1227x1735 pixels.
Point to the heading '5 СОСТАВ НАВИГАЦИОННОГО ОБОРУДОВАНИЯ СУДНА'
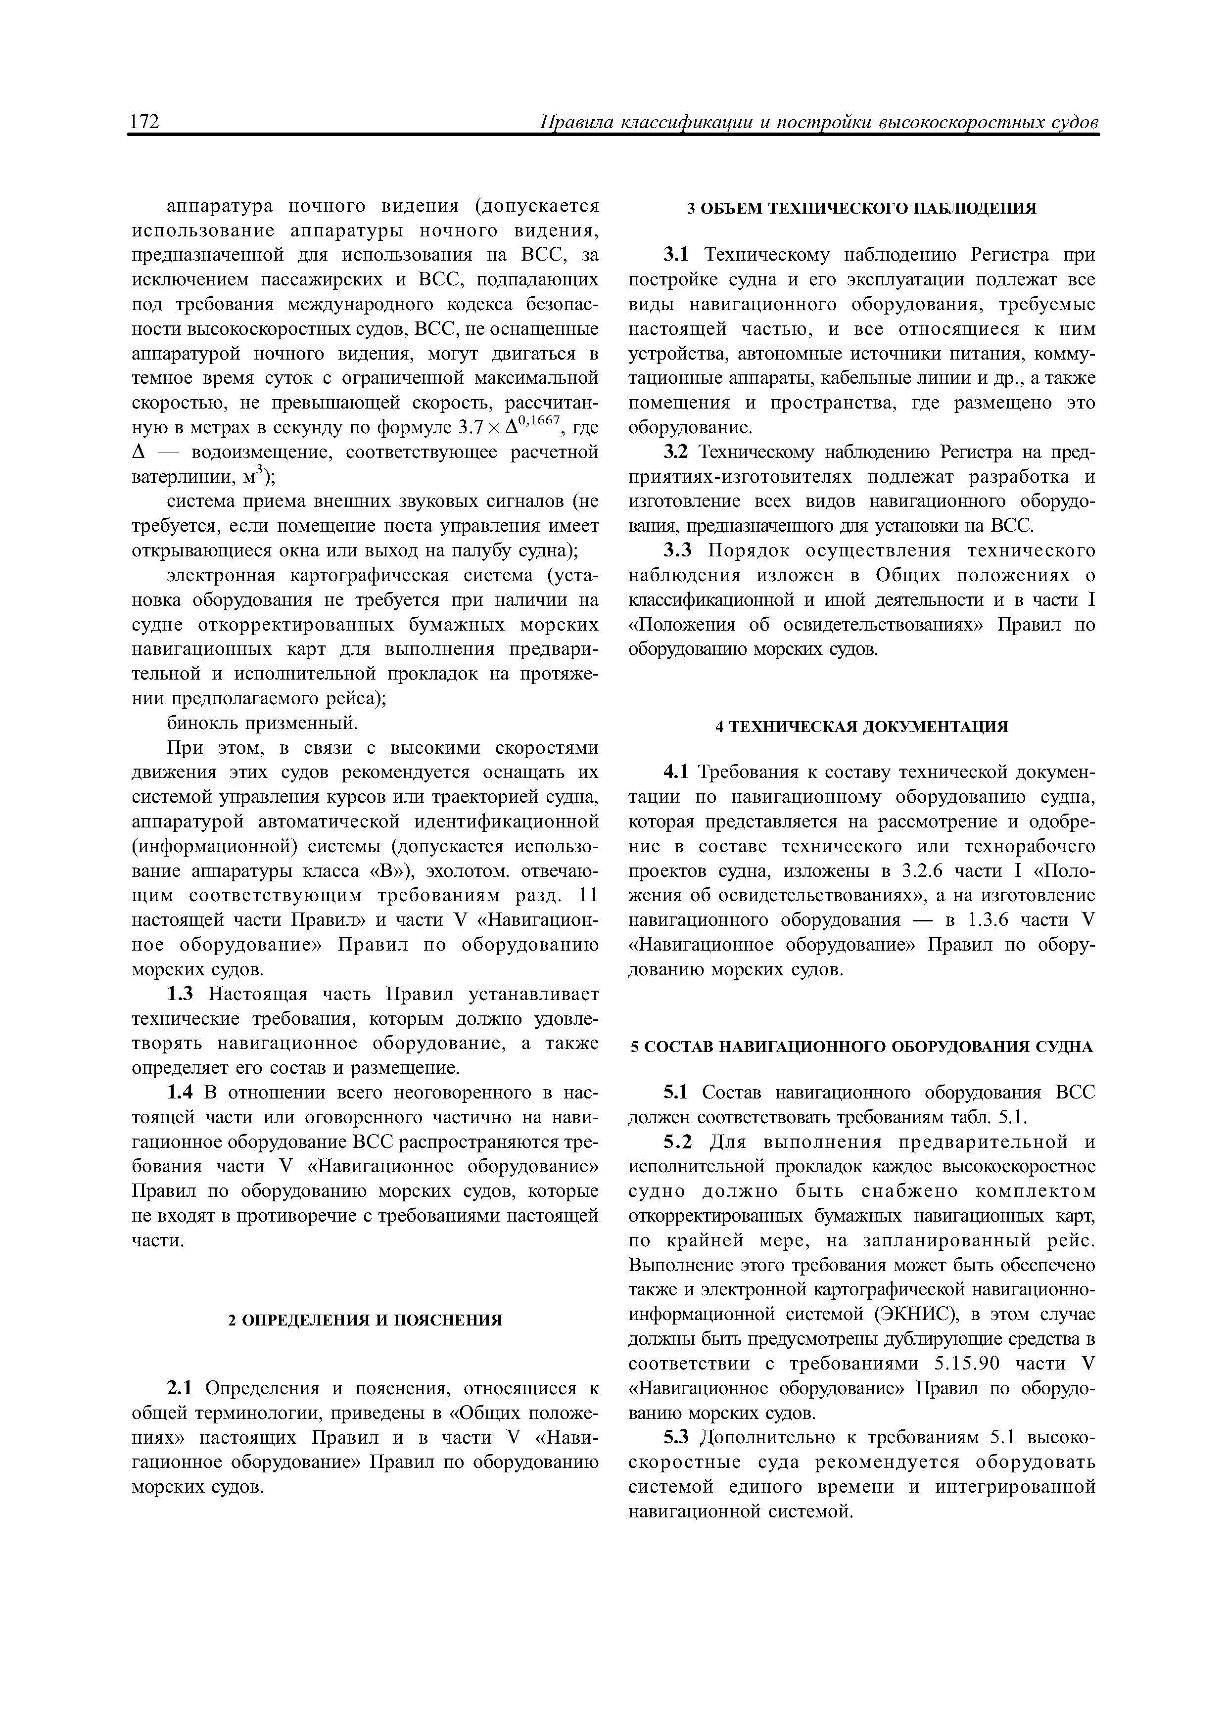862,1047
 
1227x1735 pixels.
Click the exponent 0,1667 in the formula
537,421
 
